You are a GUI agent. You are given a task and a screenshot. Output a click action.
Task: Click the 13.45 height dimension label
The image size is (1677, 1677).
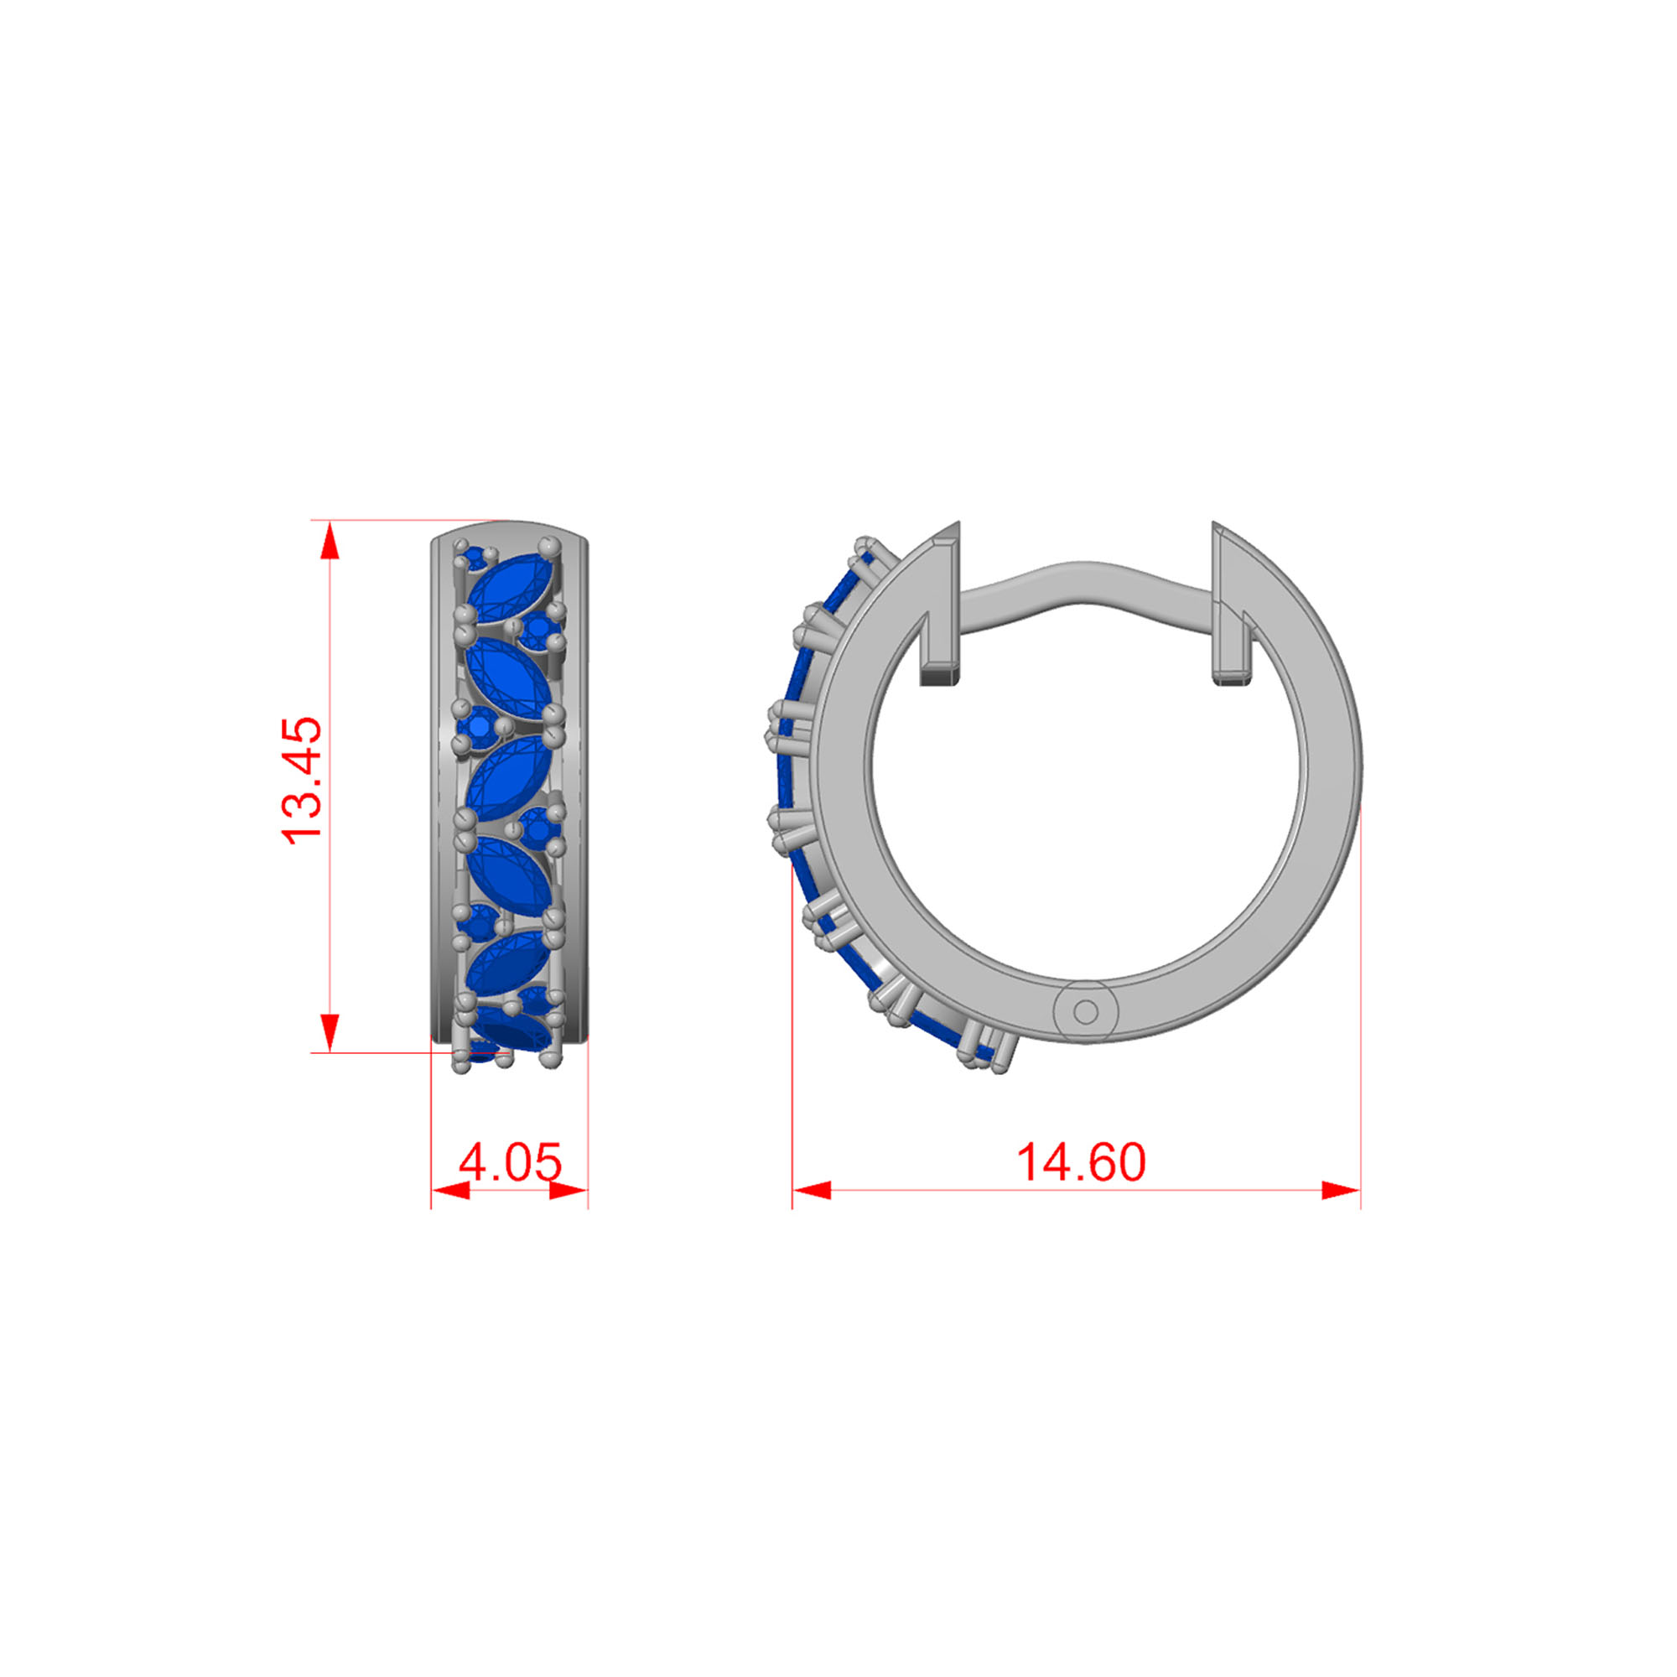301,780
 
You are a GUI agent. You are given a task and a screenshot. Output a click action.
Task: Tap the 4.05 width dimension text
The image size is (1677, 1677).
511,1162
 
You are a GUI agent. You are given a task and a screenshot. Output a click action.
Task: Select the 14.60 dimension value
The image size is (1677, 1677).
1081,1162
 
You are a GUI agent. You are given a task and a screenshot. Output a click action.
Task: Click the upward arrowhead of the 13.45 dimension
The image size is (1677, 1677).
329,542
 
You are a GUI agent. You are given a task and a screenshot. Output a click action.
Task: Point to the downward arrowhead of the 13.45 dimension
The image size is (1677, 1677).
329,1032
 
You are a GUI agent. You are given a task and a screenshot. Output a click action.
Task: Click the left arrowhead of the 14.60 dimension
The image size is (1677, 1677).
812,1190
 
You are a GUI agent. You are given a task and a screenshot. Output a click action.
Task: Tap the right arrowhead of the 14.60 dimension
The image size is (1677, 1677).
1340,1190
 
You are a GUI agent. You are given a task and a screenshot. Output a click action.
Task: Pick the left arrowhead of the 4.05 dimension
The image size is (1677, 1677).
450,1190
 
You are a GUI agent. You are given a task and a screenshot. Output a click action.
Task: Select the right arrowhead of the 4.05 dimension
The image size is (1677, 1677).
569,1190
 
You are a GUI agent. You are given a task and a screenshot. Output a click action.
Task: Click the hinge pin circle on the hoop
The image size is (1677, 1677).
1085,1011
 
